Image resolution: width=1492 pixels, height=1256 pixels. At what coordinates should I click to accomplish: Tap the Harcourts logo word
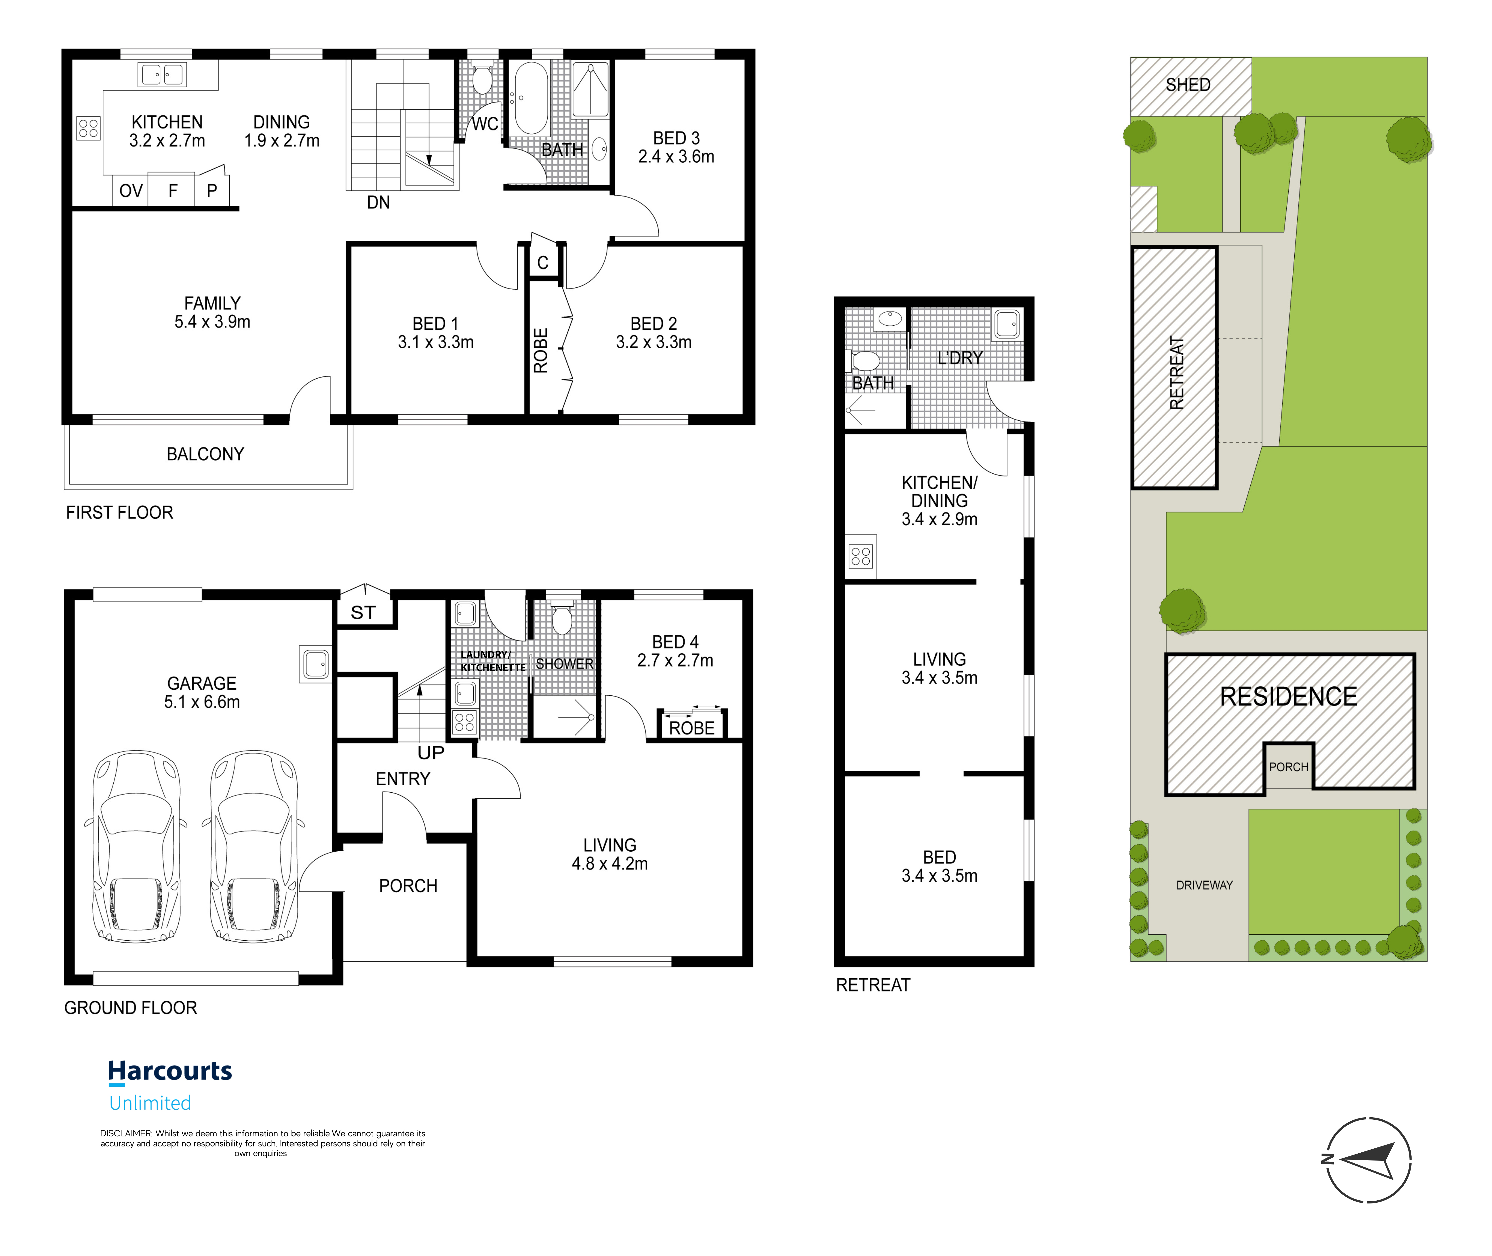[x=170, y=1071]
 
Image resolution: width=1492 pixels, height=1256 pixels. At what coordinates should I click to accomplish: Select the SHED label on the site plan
[x=1188, y=85]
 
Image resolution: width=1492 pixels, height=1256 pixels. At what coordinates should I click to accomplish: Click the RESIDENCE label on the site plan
[x=1288, y=696]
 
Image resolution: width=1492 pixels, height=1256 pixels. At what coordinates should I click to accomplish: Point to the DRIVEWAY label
[x=1204, y=885]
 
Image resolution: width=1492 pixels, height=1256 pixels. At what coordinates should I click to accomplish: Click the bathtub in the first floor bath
[x=530, y=98]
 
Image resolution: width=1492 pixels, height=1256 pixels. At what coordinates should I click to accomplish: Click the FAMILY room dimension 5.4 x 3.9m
[x=212, y=322]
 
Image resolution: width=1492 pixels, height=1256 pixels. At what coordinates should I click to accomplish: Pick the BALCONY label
[x=205, y=454]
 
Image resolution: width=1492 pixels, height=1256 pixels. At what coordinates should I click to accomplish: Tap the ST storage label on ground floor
[x=363, y=612]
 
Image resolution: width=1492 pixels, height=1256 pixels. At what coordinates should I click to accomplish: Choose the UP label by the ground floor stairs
[x=431, y=753]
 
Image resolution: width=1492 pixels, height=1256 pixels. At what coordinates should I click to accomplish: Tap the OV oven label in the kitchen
[x=131, y=191]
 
